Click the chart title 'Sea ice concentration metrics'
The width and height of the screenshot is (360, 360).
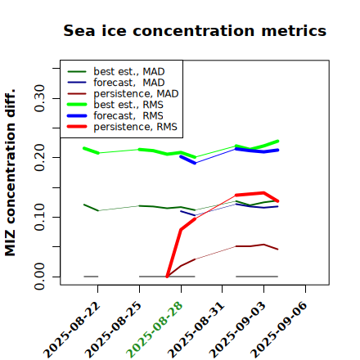click(195, 30)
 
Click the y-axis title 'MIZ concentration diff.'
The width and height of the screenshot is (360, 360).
click(10, 173)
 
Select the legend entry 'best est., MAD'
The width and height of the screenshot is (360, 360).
click(116, 71)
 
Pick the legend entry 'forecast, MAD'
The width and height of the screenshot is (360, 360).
click(116, 83)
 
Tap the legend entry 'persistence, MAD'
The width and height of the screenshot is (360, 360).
click(123, 93)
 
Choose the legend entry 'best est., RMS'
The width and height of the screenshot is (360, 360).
click(115, 105)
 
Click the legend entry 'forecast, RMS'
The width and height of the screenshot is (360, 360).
click(115, 115)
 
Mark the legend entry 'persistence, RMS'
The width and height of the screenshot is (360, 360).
click(122, 127)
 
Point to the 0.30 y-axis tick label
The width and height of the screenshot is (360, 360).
click(39, 98)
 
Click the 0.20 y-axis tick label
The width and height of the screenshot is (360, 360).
click(39, 157)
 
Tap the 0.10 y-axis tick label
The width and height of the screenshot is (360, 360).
click(39, 217)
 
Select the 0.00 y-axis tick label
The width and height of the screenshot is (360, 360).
click(39, 277)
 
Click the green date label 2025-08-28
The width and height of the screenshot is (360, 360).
click(155, 330)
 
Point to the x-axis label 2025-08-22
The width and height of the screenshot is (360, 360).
click(71, 330)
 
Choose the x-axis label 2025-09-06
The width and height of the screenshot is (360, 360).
click(279, 330)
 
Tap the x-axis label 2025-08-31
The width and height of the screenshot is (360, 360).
click(196, 330)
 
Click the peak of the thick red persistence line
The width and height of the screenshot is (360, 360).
click(263, 193)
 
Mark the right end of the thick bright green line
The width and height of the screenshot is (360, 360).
click(277, 141)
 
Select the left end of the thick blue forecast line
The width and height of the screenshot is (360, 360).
click(181, 156)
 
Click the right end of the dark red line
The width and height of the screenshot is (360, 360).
click(277, 250)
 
